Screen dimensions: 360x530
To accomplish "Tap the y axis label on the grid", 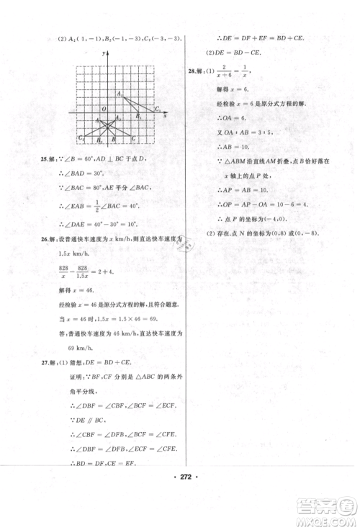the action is tap(104, 54).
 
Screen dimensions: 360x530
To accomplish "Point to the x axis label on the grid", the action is tap(166, 114).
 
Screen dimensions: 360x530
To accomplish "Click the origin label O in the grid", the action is tap(102, 109).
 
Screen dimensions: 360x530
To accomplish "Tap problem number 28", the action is tap(191, 72).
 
